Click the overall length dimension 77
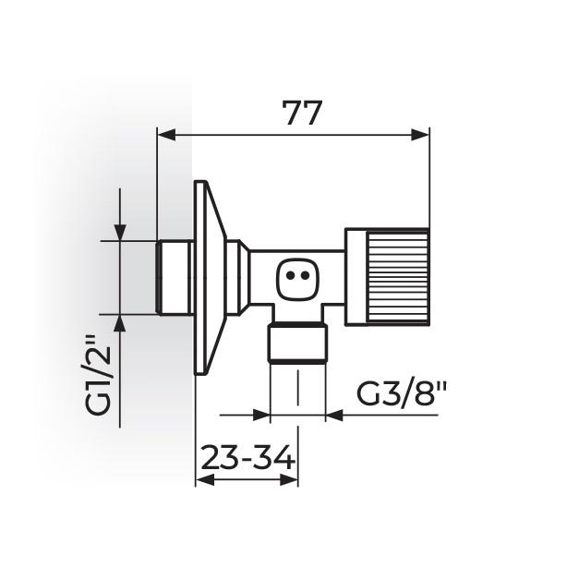click(x=301, y=113)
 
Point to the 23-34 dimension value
click(x=246, y=457)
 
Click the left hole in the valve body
click(x=290, y=275)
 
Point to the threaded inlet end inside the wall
click(x=175, y=277)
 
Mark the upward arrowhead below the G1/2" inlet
click(x=120, y=323)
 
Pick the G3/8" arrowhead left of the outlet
click(x=259, y=415)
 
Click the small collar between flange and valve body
click(x=237, y=276)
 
